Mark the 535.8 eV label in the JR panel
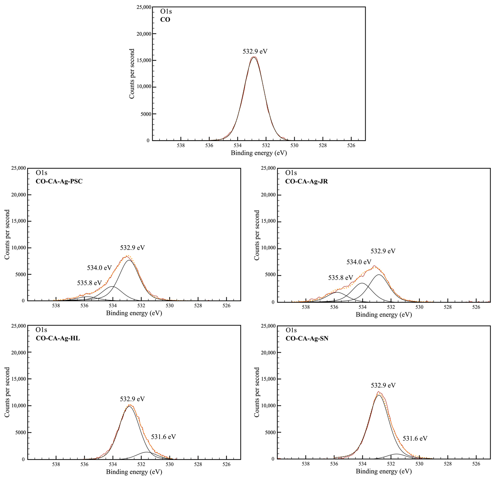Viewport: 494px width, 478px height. coord(341,278)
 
